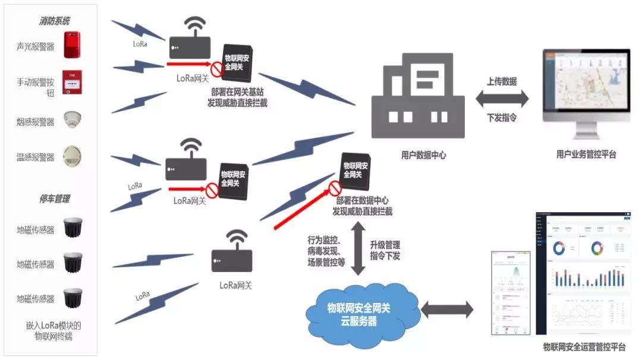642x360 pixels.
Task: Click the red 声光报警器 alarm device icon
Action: click(72, 46)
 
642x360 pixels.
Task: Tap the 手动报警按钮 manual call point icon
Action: click(72, 83)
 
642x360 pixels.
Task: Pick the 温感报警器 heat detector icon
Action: click(72, 156)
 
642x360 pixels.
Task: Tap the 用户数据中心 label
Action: click(423, 155)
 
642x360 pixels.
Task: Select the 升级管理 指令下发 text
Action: click(385, 250)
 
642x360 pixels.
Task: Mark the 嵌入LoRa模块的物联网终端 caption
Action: click(53, 331)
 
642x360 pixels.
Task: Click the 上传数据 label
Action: click(501, 81)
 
